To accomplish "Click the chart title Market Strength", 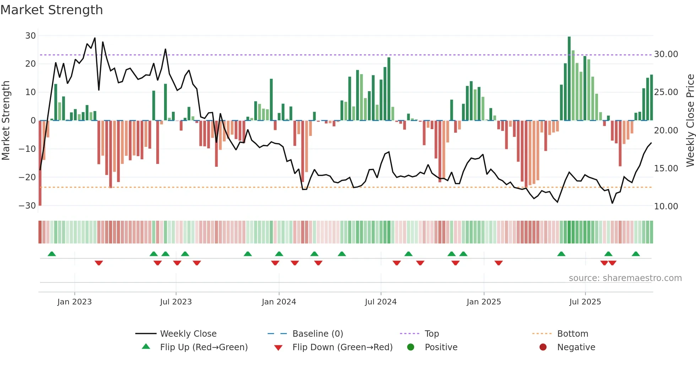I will tap(51, 10).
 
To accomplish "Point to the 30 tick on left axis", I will tap(31, 36).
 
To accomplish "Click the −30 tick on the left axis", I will tap(27, 206).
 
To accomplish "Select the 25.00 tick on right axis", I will tap(666, 92).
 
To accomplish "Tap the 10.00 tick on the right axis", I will tap(666, 206).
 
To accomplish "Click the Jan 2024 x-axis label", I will tap(279, 302).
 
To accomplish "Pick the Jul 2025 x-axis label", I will tap(585, 302).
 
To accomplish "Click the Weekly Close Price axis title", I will tap(690, 121).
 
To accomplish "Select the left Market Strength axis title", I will tap(6, 121).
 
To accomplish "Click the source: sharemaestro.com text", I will tap(625, 278).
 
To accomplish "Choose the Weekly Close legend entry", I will tap(188, 334).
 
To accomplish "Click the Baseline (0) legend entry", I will tap(317, 334).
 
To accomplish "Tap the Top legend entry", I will tap(431, 334).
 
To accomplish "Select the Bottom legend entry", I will tap(572, 334).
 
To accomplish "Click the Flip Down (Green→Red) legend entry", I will tap(342, 347).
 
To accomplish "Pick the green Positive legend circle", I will tap(410, 347).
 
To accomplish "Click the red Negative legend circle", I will tap(543, 347).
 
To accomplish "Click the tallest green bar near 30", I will tap(569, 78).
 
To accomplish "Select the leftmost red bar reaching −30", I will tap(40, 163).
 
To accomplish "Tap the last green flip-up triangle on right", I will tap(636, 254).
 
